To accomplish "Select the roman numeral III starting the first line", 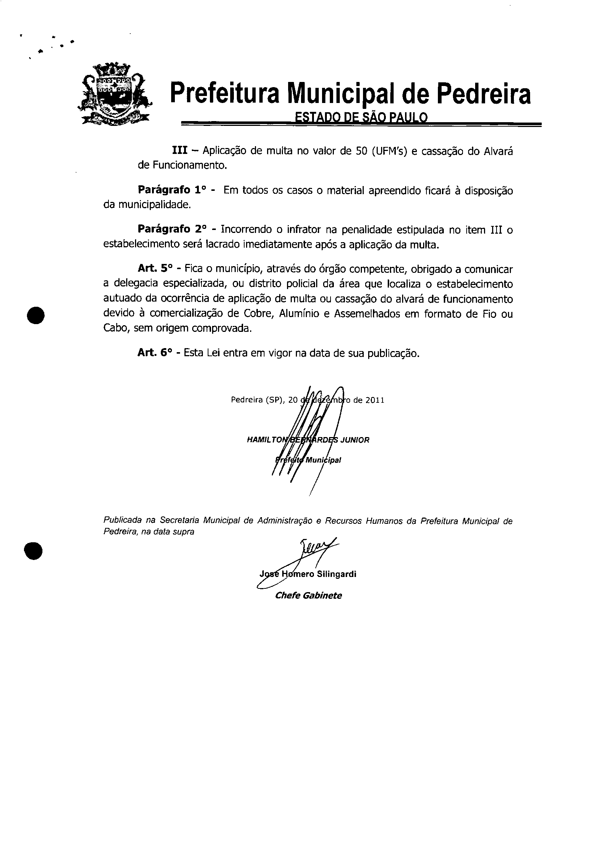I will click(x=180, y=151).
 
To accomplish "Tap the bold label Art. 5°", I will click(x=155, y=268).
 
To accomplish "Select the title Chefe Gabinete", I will click(x=309, y=595).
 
